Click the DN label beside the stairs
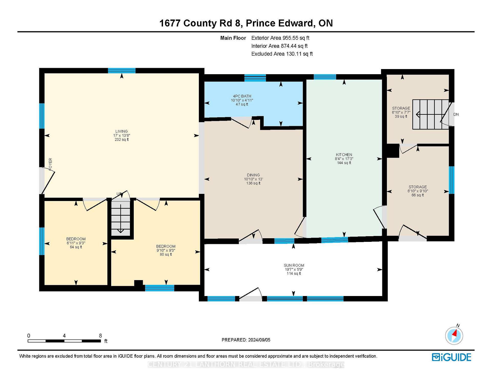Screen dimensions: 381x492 pos(456,115)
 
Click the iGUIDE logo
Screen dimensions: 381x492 pos(451,357)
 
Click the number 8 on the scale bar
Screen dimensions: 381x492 pos(100,336)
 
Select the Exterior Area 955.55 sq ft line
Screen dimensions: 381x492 pos(280,38)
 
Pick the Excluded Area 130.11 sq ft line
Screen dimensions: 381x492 pos(282,54)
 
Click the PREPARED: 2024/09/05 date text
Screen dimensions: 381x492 pos(246,340)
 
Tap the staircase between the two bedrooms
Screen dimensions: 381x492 pos(121,218)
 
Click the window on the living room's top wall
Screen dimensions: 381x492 pos(121,71)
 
